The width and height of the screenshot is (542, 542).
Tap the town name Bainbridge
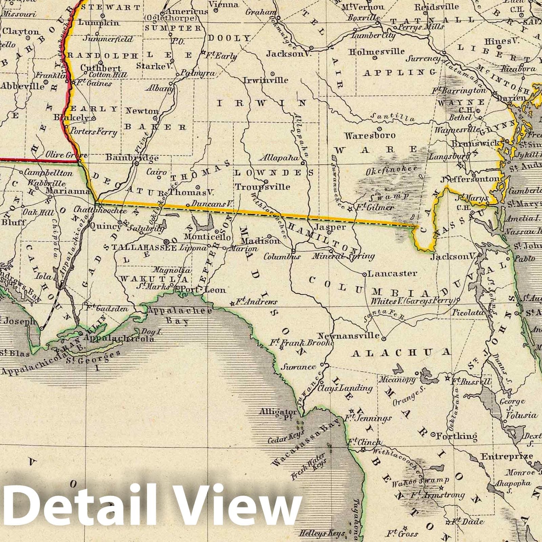pos(132,158)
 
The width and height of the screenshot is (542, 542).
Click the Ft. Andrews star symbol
pos(233,303)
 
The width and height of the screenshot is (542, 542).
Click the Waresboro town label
pos(370,135)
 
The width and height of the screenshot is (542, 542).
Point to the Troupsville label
pos(263,187)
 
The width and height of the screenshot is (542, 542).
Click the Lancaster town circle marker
pos(364,274)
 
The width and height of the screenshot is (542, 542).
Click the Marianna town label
pos(68,191)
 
